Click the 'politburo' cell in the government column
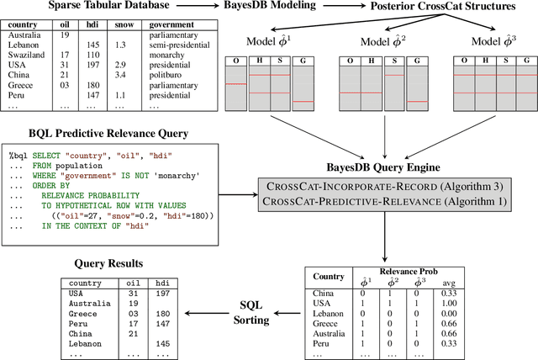coord(187,75)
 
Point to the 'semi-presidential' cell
coord(198,45)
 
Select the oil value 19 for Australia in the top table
coord(64,34)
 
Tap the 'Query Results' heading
coord(100,262)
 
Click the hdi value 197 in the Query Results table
coord(163,294)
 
